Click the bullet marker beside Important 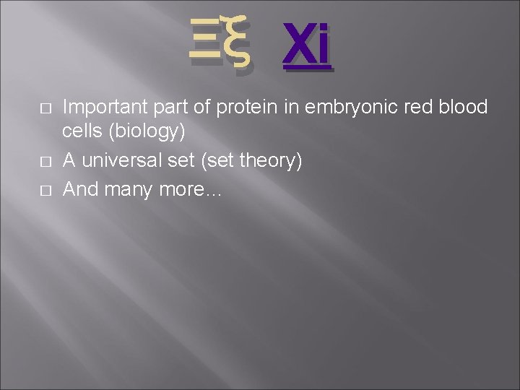pyautogui.click(x=45, y=108)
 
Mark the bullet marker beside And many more pyautogui.click(x=45, y=189)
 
